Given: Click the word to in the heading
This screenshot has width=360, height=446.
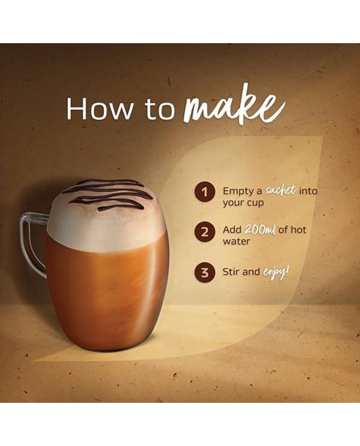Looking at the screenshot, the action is (x=159, y=110).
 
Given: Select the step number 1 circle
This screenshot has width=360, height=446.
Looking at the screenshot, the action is (x=205, y=192).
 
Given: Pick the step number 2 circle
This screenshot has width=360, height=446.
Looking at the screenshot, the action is (x=205, y=233).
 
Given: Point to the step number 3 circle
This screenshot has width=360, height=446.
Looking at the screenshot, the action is (x=205, y=272).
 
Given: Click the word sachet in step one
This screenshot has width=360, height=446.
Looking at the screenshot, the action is (x=280, y=190).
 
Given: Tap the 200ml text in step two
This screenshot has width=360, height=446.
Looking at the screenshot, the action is (x=260, y=229).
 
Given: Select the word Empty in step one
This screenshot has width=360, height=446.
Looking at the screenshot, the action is (x=239, y=191).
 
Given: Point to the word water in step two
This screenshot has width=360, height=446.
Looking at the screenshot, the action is (x=236, y=242).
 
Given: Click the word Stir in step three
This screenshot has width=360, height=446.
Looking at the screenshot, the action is (x=230, y=272).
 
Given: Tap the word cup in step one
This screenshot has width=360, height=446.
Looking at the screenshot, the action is (x=255, y=204).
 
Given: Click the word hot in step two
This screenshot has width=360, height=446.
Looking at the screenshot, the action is (x=298, y=229).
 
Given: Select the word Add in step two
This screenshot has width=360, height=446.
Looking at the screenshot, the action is (x=232, y=229).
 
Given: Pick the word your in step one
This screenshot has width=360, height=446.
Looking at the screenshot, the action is (x=233, y=204).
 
